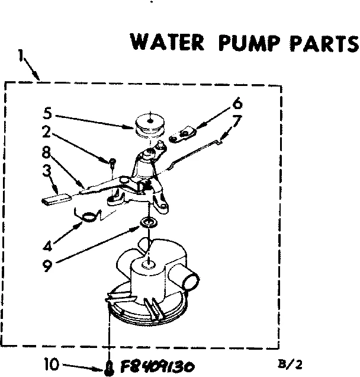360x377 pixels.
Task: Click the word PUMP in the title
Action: click(246, 44)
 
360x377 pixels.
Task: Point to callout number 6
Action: click(237, 104)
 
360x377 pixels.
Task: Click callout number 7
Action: click(237, 120)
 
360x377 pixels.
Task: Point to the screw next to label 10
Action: click(109, 366)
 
